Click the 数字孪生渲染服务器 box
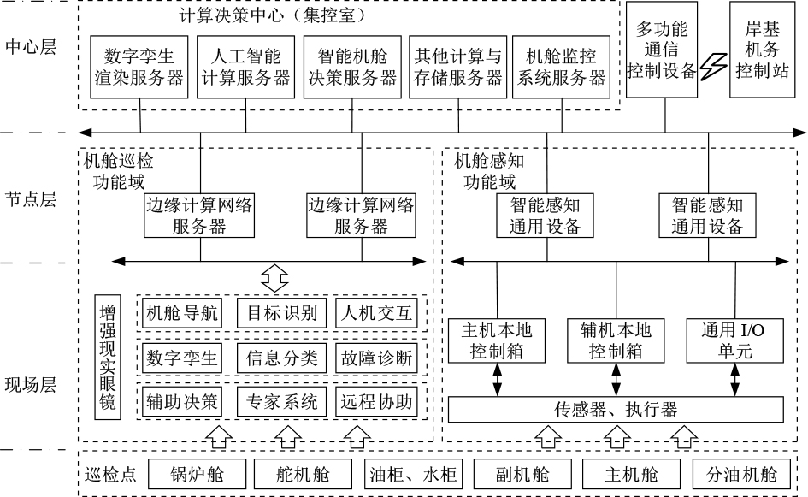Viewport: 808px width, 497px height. coord(139,67)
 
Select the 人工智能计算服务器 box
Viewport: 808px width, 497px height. coord(245,67)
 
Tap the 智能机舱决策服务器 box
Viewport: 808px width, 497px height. coord(352,67)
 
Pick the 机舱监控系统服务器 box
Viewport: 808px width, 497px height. coord(561,67)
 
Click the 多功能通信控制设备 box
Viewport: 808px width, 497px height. coord(662,50)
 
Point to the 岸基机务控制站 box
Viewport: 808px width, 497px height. coord(762,50)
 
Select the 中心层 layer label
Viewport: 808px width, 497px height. coord(31,47)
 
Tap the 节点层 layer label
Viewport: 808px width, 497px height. coord(31,199)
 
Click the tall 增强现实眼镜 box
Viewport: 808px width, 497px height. coord(108,357)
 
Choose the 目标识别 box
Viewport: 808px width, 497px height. coord(282,313)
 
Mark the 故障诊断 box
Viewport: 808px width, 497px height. coord(377,358)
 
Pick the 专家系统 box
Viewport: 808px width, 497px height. coord(282,402)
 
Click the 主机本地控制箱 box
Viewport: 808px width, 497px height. coord(497,340)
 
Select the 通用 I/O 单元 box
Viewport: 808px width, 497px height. coord(734,340)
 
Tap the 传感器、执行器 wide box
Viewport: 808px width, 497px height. coord(616,410)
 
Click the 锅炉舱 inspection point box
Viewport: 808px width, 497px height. coord(198,474)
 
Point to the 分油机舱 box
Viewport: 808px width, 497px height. coord(741,474)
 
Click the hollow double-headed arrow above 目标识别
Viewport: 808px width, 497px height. coord(274,278)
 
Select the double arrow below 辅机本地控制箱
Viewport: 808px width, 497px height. coord(616,380)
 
